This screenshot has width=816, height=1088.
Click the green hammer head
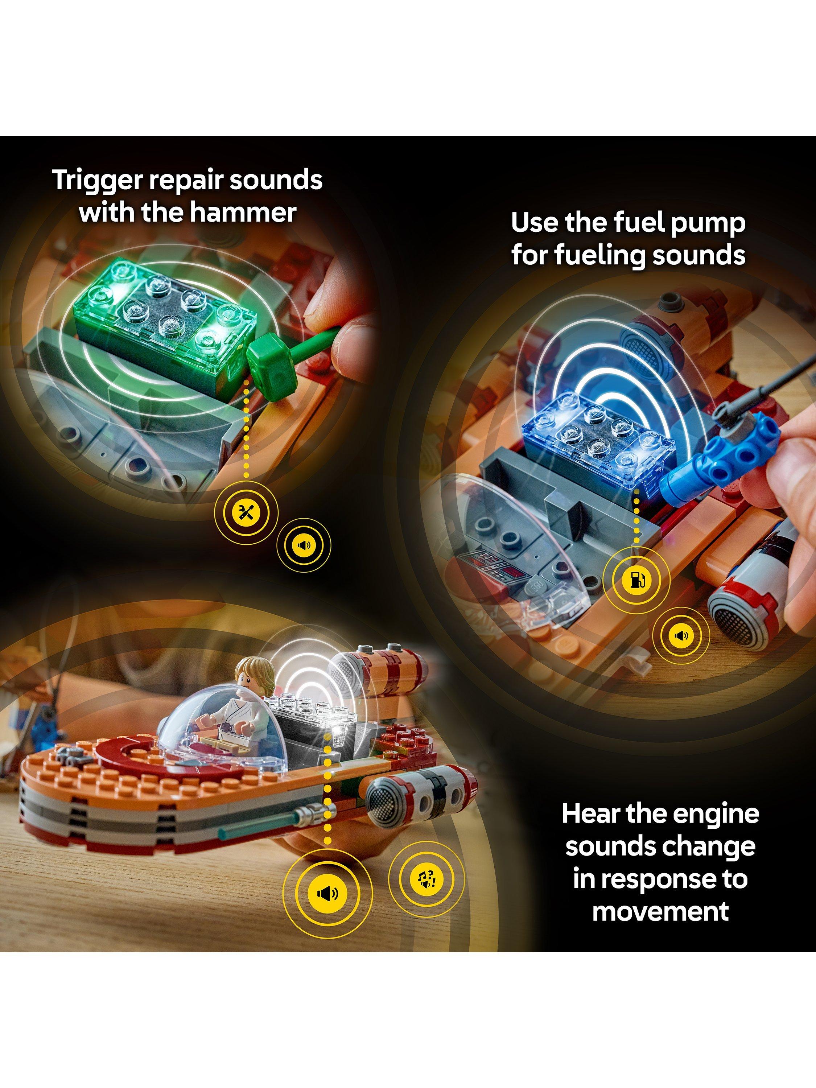pyautogui.click(x=267, y=355)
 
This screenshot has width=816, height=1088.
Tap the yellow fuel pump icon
pyautogui.click(x=637, y=580)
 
